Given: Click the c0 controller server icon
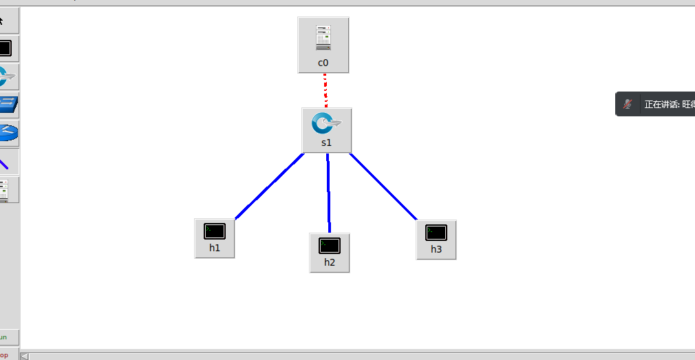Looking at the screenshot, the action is point(323,38).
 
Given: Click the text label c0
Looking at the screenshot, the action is point(323,63).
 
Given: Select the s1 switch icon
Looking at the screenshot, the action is point(327,124).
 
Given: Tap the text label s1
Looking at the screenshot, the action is point(327,143).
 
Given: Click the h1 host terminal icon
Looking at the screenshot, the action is point(215,231).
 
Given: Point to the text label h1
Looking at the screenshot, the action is point(215,248).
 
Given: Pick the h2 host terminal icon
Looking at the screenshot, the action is point(330,245).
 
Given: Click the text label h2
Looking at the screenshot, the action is point(330,262).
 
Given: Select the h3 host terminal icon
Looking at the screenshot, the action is point(436,233).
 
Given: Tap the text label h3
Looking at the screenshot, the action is point(436,249).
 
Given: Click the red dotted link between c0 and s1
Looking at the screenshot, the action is point(325,90).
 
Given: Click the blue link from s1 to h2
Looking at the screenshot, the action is point(328,193).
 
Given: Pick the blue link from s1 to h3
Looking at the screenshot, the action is point(383,187).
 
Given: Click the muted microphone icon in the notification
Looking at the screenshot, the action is point(628,105).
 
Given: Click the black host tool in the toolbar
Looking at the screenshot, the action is point(6,48).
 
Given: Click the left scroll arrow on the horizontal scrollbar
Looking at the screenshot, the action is point(25,356).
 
